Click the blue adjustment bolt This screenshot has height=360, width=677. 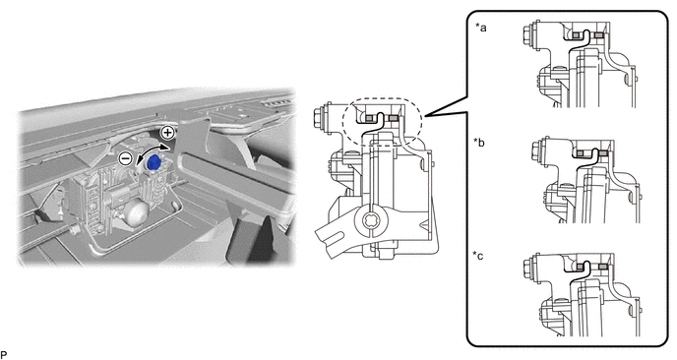coord(154,163)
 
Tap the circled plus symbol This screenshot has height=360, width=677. coord(167,133)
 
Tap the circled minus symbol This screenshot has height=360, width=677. coord(125,158)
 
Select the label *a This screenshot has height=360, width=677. coord(480,29)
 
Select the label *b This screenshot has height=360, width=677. coord(479,142)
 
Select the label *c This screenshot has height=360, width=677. coord(478,256)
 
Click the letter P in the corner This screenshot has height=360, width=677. coord(4,355)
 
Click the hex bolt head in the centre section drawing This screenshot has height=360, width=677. coord(321,116)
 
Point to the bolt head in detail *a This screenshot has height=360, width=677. coord(526,32)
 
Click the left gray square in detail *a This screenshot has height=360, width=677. coord(576,35)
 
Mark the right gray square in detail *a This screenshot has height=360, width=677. coord(598,35)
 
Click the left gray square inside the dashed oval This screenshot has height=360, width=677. coord(370,118)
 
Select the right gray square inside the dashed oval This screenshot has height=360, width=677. coord(393,118)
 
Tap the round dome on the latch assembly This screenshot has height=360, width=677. coord(138,211)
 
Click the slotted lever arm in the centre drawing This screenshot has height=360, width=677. coord(341,235)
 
